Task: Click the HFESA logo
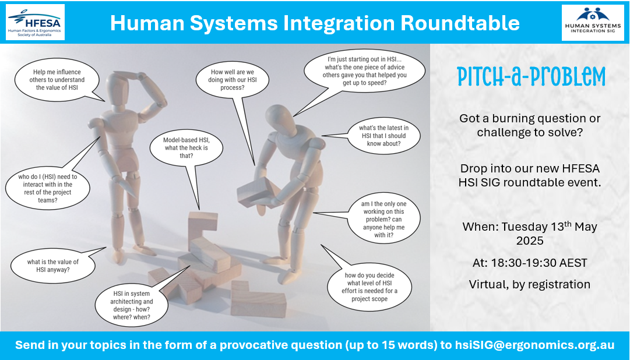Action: pyautogui.click(x=36, y=22)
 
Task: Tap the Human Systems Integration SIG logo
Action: pyautogui.click(x=593, y=23)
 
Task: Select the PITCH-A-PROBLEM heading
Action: pyautogui.click(x=531, y=77)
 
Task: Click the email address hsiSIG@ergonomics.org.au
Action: pyautogui.click(x=534, y=345)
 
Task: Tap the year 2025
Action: pyautogui.click(x=530, y=241)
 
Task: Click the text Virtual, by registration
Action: pyautogui.click(x=530, y=284)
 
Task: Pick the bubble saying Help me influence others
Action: pyautogui.click(x=57, y=80)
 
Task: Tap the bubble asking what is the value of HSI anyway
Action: pyautogui.click(x=53, y=265)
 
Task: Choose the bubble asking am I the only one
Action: pyautogui.click(x=383, y=220)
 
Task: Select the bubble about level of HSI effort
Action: pyautogui.click(x=369, y=287)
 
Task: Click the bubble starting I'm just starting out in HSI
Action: pyautogui.click(x=364, y=72)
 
